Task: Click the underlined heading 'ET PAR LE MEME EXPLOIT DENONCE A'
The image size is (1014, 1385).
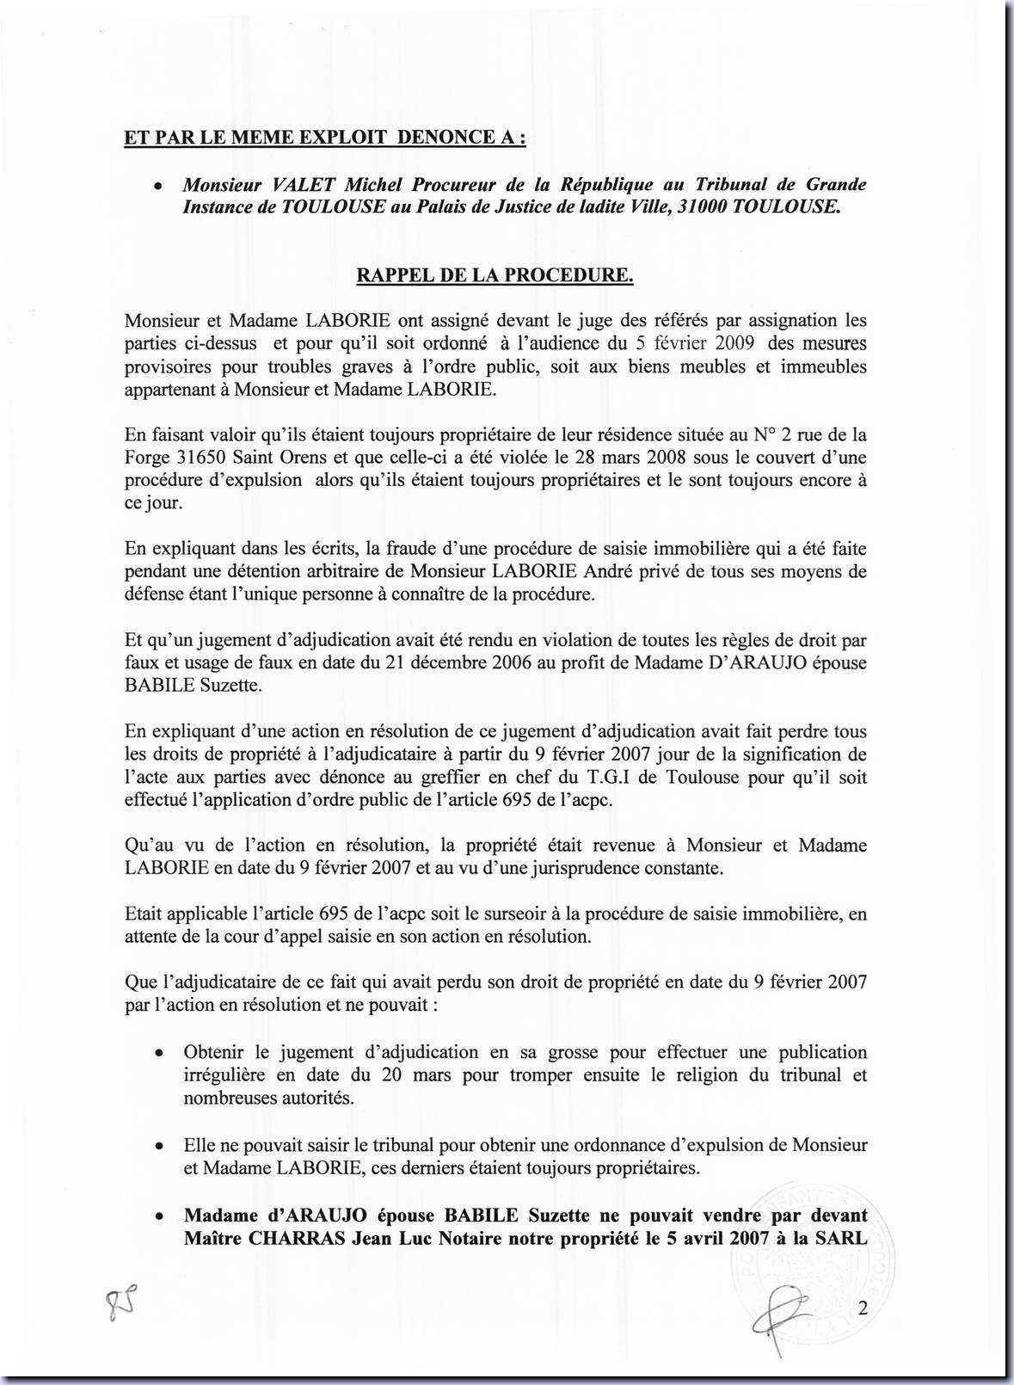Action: click(325, 138)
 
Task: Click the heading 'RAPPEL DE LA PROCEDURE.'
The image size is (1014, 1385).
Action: click(495, 275)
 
